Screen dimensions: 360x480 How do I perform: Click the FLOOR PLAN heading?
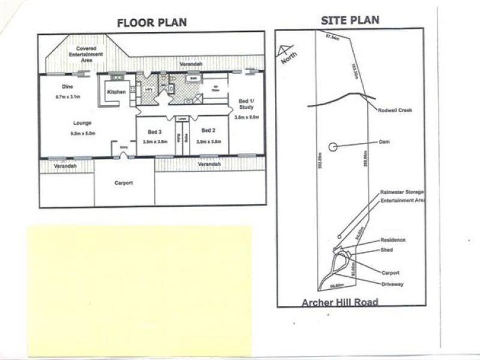click(x=152, y=23)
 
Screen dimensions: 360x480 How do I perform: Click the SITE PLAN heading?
click(x=350, y=20)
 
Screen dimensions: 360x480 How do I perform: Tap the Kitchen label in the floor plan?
click(x=116, y=92)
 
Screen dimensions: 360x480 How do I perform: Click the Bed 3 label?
click(x=155, y=131)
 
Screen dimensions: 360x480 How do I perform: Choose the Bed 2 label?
click(x=208, y=131)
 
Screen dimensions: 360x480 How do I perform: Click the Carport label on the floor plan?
click(x=124, y=183)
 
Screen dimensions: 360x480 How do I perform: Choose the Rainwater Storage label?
click(x=401, y=192)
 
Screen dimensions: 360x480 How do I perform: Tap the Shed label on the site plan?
click(x=387, y=250)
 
